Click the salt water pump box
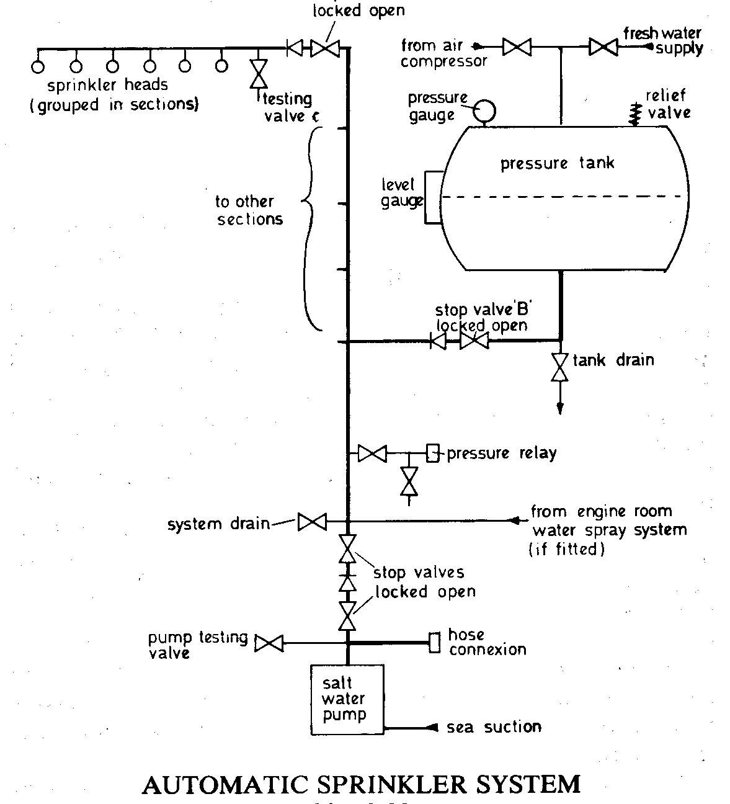click(347, 699)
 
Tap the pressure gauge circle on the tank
click(484, 110)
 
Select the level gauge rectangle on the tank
click(434, 197)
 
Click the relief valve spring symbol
click(634, 114)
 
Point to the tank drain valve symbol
click(560, 367)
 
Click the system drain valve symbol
click(311, 522)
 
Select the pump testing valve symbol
click(269, 643)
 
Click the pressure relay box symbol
click(432, 453)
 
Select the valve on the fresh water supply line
click(602, 47)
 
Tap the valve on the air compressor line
click(516, 47)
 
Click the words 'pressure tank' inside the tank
click(557, 163)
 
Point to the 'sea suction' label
click(494, 727)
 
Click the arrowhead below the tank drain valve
click(560, 408)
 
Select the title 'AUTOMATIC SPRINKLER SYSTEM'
click(361, 785)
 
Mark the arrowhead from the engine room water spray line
click(514, 520)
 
